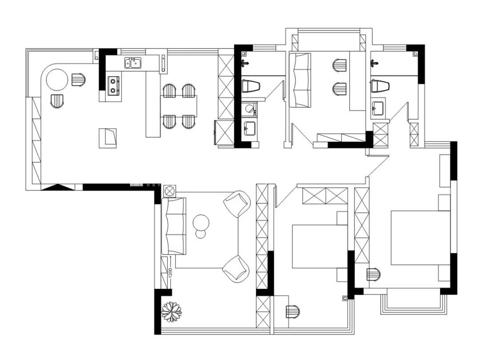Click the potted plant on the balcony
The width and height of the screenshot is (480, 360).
(172, 311)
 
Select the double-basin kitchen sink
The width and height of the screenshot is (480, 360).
(133, 63)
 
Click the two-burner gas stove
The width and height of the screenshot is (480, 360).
(114, 85)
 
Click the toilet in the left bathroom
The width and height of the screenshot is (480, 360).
(250, 86)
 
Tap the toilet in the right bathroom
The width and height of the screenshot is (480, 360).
(380, 86)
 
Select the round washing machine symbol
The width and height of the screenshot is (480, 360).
(250, 108)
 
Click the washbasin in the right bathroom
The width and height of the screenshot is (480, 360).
(378, 107)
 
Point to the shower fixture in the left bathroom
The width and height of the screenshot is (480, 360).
(244, 64)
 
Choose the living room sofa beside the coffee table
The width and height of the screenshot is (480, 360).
(174, 226)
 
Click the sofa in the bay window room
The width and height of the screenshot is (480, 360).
(300, 80)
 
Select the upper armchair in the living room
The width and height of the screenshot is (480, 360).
(237, 204)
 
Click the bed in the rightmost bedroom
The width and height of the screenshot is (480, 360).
(420, 237)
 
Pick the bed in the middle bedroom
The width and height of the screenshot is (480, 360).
(320, 246)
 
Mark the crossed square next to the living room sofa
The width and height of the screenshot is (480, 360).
(169, 191)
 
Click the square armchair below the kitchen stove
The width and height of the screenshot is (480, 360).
(108, 138)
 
